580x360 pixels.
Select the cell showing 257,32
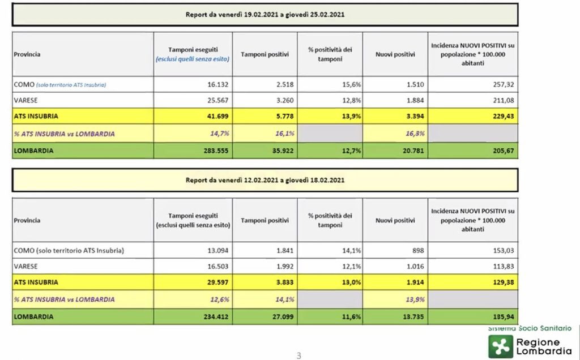point(502,84)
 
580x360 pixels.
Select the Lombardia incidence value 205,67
point(502,151)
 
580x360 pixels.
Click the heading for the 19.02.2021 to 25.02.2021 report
point(265,14)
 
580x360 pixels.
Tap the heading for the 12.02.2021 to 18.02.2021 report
point(265,180)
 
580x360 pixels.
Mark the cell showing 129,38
point(502,282)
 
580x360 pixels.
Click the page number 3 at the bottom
point(298,355)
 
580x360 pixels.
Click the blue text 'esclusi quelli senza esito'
point(193,58)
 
